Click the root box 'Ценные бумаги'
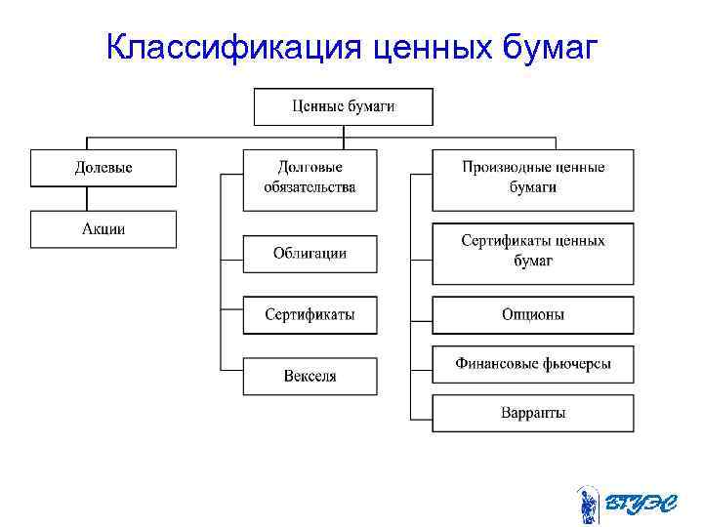[344, 106]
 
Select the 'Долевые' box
[103, 168]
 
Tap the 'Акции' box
[103, 229]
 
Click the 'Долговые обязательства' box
[310, 179]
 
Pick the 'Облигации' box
[310, 254]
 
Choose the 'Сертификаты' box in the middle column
[310, 314]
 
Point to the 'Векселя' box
[310, 376]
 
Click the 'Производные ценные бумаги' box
[533, 179]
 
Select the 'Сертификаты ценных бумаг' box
[533, 252]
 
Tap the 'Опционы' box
[533, 314]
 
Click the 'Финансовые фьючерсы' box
[533, 364]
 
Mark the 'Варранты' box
[533, 413]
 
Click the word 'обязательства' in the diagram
[310, 187]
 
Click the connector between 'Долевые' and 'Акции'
[88, 198]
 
